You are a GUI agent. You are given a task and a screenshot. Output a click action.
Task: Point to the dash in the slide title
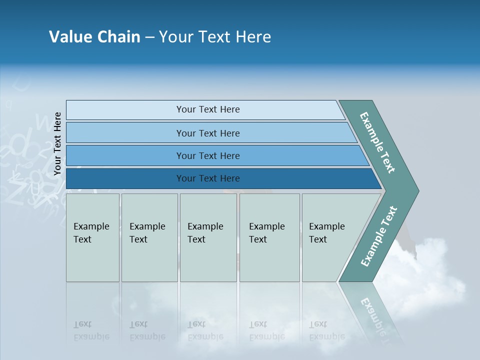[x=149, y=37]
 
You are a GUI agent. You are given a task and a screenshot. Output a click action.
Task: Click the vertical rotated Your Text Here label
[x=58, y=144]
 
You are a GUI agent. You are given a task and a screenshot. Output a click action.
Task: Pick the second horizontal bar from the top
[x=208, y=133]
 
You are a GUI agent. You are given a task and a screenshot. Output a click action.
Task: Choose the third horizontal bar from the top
[x=208, y=156]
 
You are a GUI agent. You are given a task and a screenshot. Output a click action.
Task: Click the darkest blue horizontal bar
[x=208, y=178]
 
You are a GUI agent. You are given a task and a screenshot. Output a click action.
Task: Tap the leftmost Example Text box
[x=92, y=237]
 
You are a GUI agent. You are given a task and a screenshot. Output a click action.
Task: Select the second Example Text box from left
[x=149, y=237]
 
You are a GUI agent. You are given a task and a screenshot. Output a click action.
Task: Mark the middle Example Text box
[x=207, y=237]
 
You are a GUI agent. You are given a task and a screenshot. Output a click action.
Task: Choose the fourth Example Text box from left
[x=269, y=237]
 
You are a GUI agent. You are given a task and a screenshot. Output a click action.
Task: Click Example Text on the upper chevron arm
[x=377, y=142]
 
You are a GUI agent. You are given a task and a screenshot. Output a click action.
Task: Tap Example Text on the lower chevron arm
[x=379, y=236]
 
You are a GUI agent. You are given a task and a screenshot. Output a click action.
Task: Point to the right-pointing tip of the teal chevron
[x=416, y=190]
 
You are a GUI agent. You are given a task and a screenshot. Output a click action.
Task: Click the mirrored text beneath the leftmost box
[x=91, y=330]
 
